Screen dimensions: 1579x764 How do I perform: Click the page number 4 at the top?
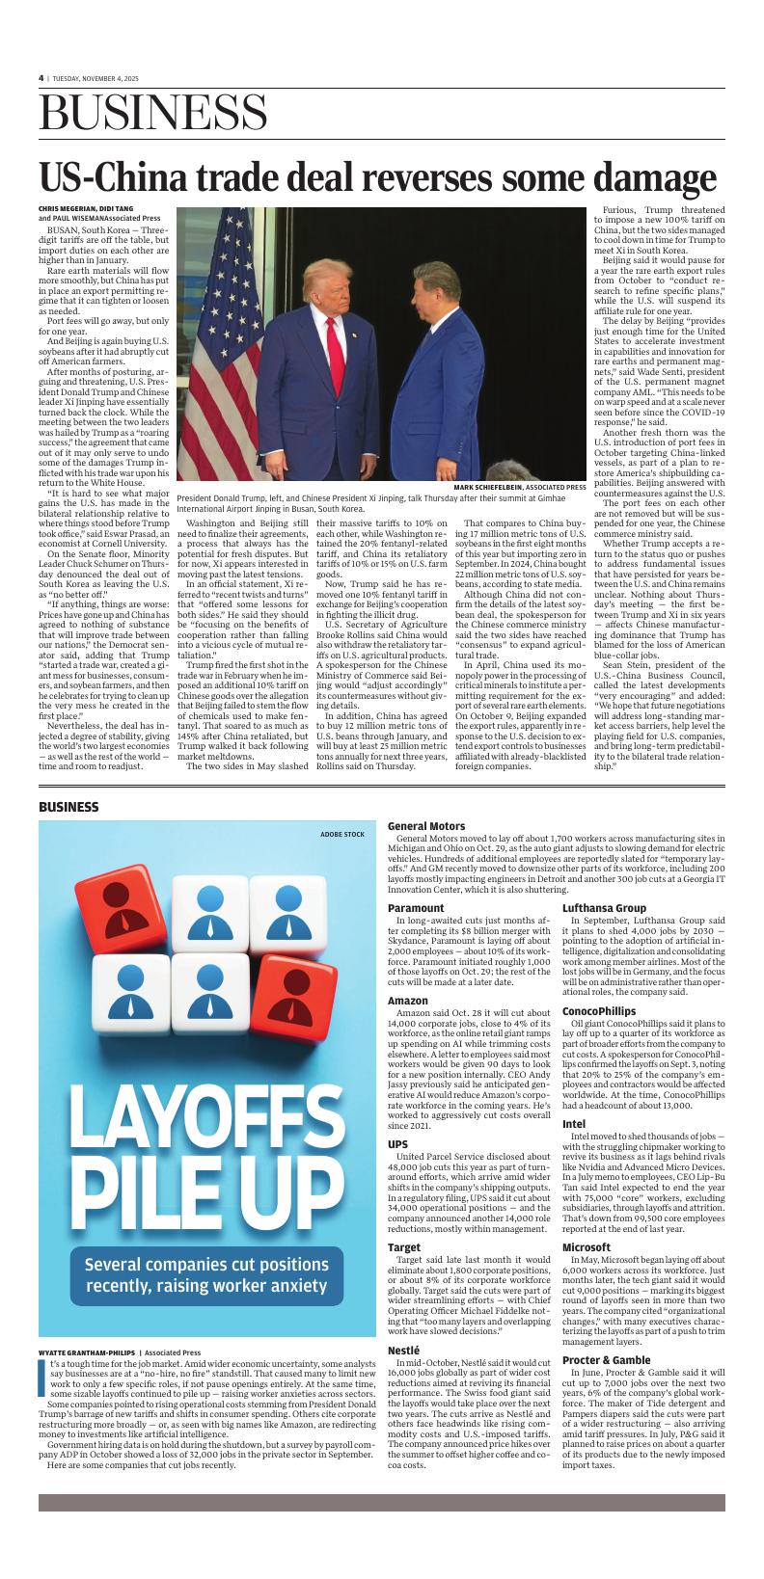point(41,78)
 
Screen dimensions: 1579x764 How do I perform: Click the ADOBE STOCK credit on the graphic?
point(342,833)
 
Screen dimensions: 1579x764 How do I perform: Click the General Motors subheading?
point(425,826)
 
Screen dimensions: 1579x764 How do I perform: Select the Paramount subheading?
point(416,908)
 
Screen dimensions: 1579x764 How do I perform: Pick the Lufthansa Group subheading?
point(604,908)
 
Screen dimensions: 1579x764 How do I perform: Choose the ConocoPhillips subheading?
point(599,1010)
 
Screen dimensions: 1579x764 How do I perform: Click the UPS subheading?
point(397,1144)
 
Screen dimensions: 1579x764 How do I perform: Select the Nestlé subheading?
point(403,1350)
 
